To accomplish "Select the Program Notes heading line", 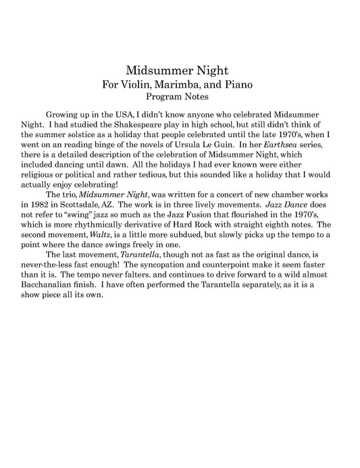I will coord(180,97).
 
